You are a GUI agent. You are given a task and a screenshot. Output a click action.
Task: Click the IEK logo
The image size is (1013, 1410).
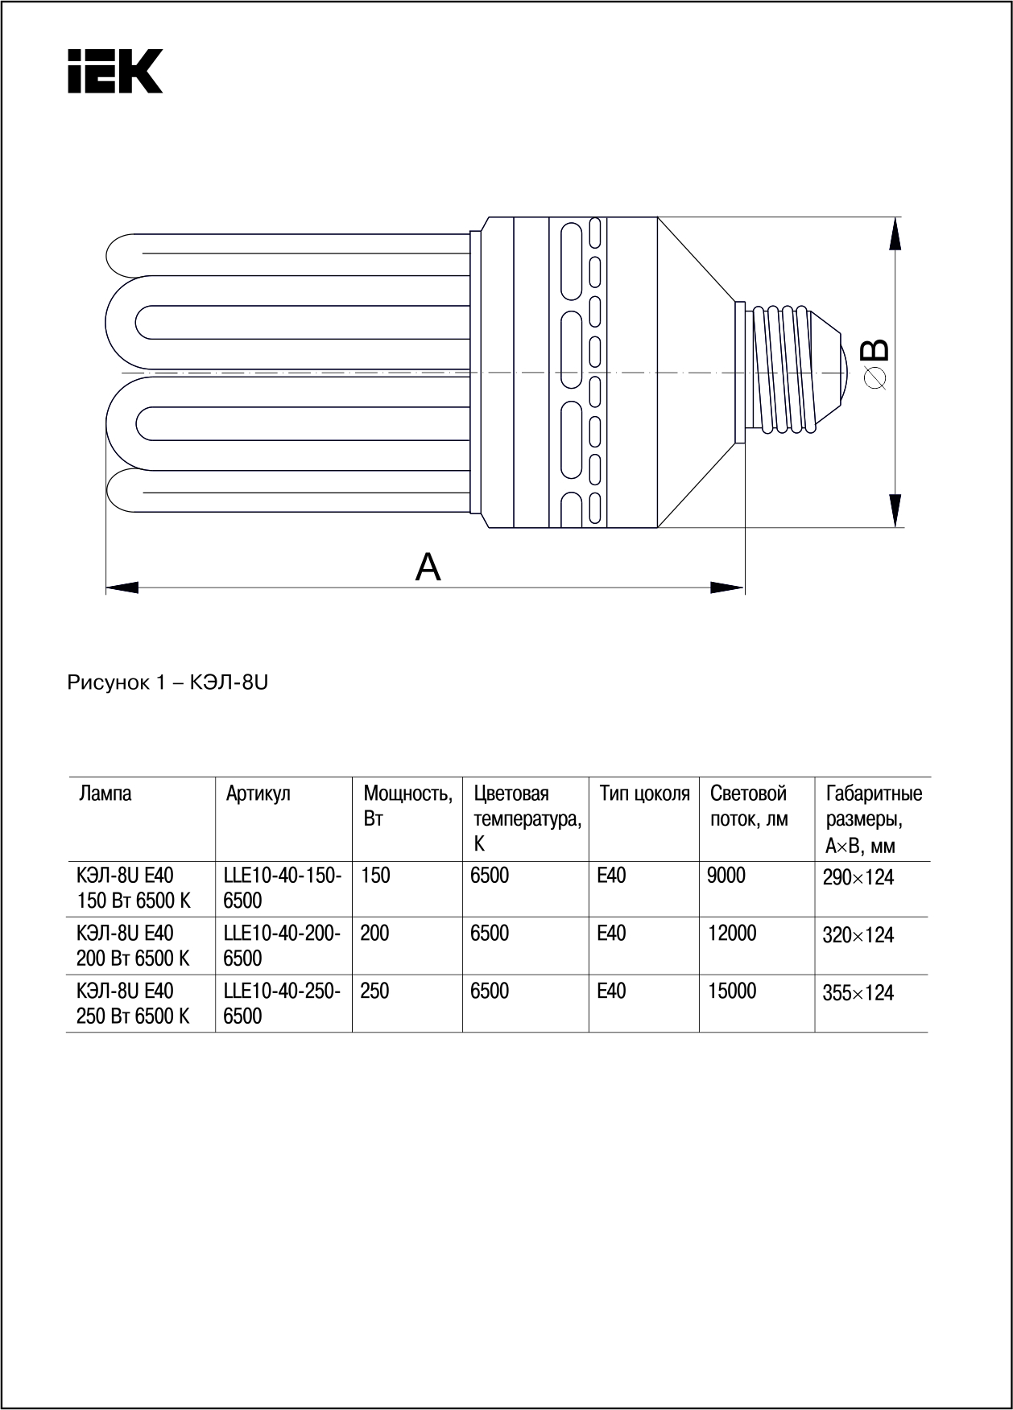click(x=114, y=71)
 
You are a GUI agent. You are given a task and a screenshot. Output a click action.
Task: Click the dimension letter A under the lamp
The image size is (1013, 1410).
click(x=428, y=567)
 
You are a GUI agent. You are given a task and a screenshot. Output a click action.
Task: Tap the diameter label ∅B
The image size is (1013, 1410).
click(x=874, y=364)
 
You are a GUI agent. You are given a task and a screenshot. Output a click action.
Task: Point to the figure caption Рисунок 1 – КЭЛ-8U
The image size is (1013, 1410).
click(x=167, y=683)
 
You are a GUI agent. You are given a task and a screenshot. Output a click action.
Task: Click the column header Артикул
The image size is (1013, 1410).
click(x=258, y=794)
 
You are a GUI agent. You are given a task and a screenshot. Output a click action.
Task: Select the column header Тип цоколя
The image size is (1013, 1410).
click(x=644, y=794)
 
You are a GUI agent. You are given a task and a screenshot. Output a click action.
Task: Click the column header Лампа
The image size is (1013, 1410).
click(x=105, y=794)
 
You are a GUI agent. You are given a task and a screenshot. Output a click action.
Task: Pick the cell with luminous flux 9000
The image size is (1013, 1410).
click(x=726, y=876)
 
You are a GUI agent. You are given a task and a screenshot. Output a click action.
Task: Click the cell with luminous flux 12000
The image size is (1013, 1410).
click(x=732, y=934)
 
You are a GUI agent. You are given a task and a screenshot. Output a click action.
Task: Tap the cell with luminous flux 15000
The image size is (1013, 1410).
click(x=732, y=992)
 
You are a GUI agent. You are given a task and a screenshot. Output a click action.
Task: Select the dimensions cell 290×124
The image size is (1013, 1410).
click(x=858, y=877)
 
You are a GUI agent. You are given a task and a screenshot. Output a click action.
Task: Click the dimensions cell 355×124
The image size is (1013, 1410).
click(x=858, y=993)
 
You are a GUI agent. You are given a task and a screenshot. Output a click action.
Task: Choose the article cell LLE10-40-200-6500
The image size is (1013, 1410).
click(x=282, y=946)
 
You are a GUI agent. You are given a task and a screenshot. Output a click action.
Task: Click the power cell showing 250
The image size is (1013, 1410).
click(x=374, y=992)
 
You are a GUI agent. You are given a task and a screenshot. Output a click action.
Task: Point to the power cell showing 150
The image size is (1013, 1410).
click(x=374, y=876)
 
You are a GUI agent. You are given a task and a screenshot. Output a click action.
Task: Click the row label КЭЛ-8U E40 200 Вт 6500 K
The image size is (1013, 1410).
click(x=133, y=946)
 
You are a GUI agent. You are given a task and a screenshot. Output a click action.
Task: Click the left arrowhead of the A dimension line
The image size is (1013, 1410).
click(x=121, y=587)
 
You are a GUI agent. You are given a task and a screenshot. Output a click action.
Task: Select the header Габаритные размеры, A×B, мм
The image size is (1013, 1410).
click(x=873, y=819)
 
